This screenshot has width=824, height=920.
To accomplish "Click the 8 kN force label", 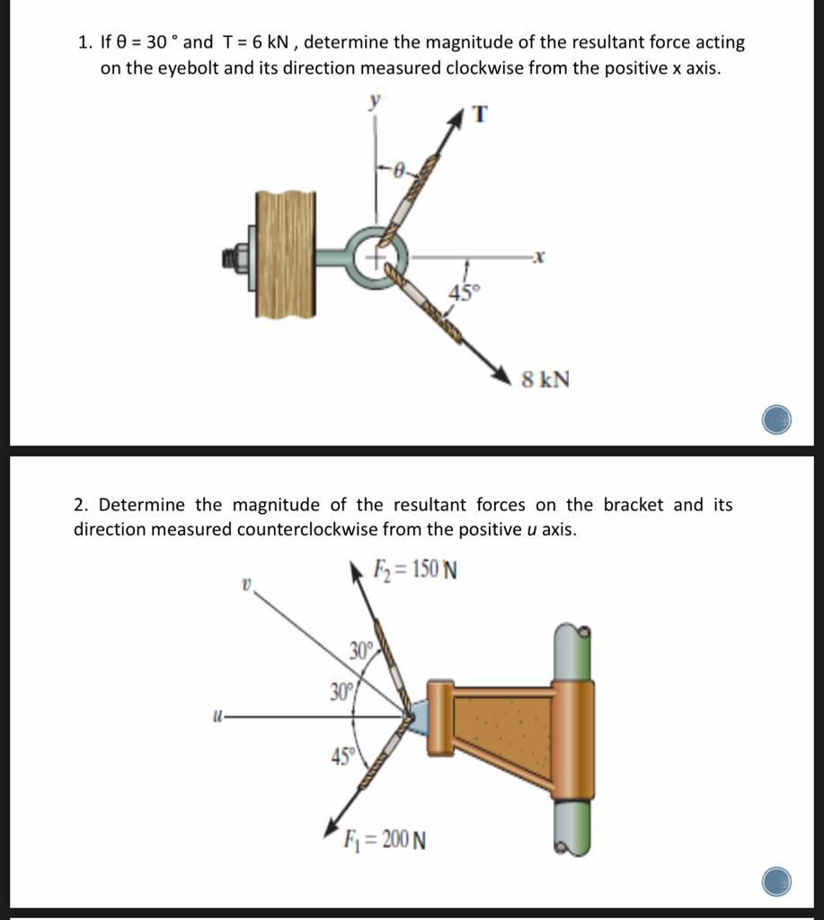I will coord(545,379).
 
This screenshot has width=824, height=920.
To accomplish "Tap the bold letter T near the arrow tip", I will coord(480,115).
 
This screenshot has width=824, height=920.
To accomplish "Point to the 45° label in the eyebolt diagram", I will coord(465,292).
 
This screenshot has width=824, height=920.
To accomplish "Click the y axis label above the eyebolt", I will coord(376,102).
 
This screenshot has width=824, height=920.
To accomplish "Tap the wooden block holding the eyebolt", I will coord(285,254).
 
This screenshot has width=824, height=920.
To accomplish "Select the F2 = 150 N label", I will coord(415,570).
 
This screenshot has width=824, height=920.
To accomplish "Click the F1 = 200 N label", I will coord(385,840).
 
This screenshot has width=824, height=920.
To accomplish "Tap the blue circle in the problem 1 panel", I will coord(776,420).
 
